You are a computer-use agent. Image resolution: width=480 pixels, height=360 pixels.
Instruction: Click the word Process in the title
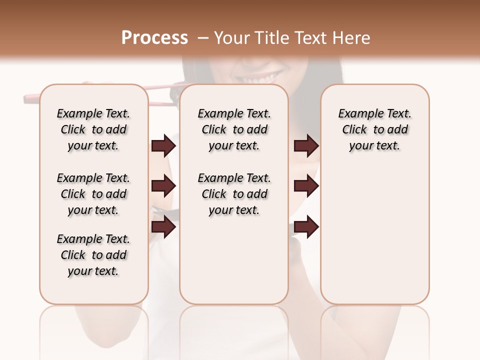[x=154, y=37]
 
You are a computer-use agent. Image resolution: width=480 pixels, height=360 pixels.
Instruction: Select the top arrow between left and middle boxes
[x=163, y=146]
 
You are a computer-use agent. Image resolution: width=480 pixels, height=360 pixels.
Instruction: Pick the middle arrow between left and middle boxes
[x=163, y=186]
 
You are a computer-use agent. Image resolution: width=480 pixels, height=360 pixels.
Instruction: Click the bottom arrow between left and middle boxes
[x=163, y=227]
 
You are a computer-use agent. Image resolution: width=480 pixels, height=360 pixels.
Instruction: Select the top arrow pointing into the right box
[x=306, y=146]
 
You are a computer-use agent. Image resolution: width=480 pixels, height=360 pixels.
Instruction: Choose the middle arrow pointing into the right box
[x=306, y=186]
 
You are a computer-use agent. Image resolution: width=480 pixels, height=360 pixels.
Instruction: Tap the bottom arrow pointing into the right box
[x=306, y=227]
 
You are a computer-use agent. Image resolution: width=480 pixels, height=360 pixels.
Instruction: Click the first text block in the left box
[x=93, y=129]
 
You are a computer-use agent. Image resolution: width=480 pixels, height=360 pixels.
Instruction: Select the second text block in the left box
[x=93, y=194]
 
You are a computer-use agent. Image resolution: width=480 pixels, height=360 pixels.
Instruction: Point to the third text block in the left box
[x=93, y=255]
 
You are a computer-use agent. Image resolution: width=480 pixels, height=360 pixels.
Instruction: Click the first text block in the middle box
[x=234, y=129]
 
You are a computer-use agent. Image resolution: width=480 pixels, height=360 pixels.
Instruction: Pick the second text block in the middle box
[x=234, y=194]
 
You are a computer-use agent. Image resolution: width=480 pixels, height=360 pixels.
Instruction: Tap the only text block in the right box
[x=374, y=129]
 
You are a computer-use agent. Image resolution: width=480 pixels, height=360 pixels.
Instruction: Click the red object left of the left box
[x=31, y=98]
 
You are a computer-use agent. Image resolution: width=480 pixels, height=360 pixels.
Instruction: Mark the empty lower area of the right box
[x=374, y=240]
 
